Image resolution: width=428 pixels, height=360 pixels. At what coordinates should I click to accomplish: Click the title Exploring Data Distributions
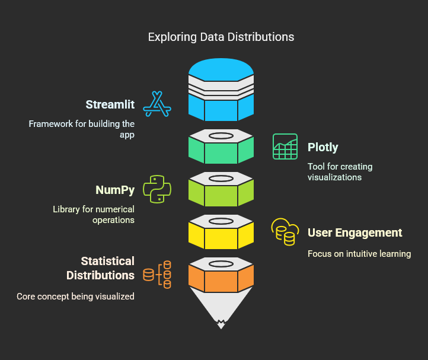221,37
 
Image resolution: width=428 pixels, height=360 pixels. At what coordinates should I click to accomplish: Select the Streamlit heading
110,105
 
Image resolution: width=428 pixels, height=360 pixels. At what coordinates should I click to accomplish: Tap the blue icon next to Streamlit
157,104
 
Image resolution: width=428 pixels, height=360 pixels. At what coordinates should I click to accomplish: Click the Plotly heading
323,148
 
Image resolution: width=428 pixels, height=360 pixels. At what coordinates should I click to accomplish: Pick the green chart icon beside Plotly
285,146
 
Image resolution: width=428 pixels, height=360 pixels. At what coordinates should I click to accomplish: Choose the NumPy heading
115,190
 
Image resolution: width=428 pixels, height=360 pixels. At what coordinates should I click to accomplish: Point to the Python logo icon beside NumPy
158,189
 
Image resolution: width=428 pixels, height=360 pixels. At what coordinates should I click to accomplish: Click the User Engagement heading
354,232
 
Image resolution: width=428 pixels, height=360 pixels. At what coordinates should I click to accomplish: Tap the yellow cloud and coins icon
283,231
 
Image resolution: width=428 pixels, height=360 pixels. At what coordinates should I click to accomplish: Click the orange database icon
157,275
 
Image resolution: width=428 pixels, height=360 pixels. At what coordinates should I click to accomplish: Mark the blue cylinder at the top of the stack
221,89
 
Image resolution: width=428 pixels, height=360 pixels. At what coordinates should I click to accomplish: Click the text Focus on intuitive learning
359,254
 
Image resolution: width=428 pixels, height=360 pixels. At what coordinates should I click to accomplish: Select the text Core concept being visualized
75,296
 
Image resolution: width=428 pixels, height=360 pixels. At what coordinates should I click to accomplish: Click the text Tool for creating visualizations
340,171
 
